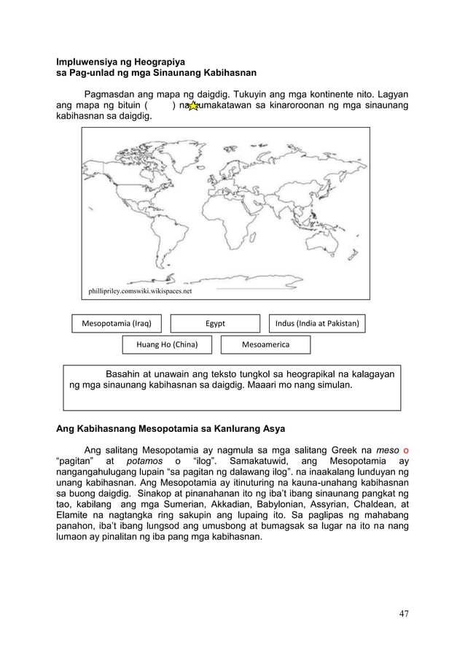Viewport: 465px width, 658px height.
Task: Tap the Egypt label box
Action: (x=215, y=323)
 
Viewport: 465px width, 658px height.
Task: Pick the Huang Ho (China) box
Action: (x=160, y=344)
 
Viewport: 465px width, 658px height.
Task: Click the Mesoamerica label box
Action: (x=265, y=344)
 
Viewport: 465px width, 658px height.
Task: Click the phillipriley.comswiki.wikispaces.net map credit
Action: (x=140, y=291)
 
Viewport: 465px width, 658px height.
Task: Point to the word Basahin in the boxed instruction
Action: (x=125, y=374)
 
